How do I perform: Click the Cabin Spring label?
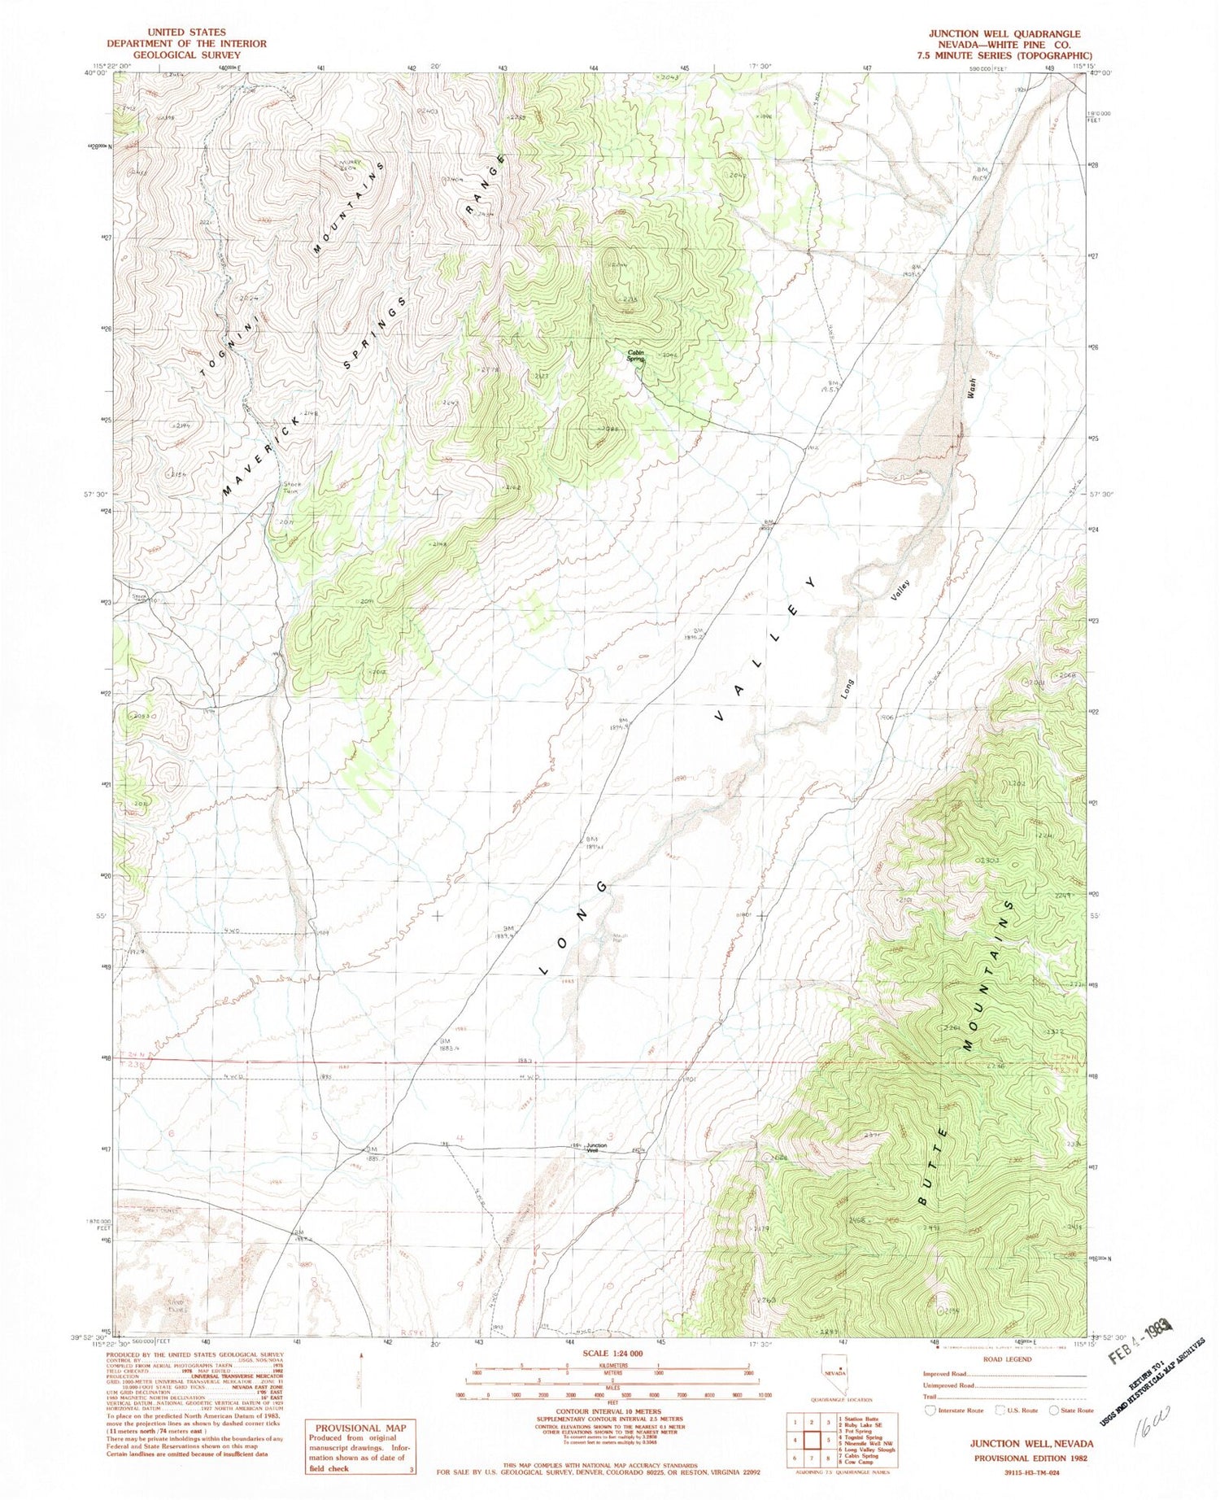[635, 355]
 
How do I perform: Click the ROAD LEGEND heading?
[1007, 1358]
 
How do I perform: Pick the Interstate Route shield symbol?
[929, 1411]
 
